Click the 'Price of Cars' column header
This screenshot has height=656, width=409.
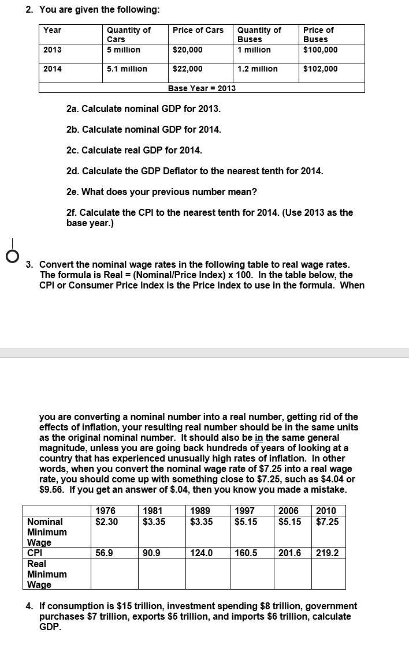(198, 30)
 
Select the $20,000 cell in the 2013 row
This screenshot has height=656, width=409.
(188, 50)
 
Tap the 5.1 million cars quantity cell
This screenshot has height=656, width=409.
(127, 69)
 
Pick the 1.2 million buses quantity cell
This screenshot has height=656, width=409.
(257, 69)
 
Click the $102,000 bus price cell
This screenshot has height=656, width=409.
(321, 69)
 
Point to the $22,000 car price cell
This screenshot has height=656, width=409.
(188, 69)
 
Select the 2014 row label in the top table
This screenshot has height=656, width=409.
(53, 69)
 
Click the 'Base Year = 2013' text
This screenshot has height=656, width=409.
(202, 88)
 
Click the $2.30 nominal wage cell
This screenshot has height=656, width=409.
(106, 522)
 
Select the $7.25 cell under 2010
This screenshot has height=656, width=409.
(327, 522)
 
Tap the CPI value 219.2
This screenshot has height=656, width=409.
(327, 553)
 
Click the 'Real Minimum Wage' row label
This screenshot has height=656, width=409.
(47, 574)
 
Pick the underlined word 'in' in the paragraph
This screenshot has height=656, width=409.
(259, 437)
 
